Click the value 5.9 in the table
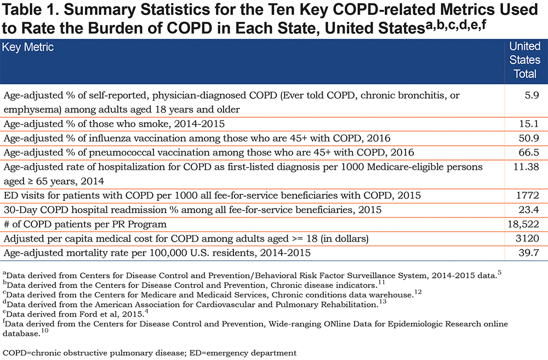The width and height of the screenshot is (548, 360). (532, 95)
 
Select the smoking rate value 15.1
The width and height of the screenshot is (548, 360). (529, 124)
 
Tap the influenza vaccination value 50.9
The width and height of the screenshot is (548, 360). (529, 138)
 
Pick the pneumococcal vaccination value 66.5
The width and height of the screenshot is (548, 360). (529, 152)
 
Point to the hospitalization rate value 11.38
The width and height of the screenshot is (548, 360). (526, 167)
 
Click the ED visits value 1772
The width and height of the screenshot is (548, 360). (527, 196)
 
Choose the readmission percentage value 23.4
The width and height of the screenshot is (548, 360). (529, 210)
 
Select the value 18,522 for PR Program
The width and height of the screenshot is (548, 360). (523, 224)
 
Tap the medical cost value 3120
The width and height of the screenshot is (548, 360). (527, 238)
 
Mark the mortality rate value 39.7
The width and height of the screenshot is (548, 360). (529, 253)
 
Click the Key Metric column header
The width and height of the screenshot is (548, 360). (28, 47)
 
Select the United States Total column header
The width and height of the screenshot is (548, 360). (524, 60)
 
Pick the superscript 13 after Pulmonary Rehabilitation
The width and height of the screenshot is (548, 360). (383, 301)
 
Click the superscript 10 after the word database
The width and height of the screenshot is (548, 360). (45, 330)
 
